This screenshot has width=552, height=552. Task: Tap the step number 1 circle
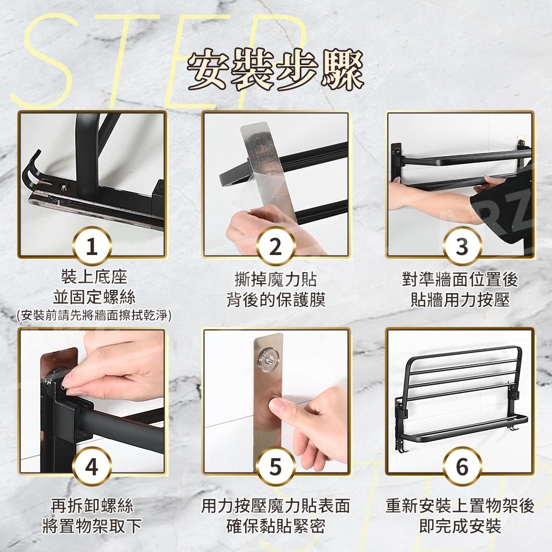pos(92,246)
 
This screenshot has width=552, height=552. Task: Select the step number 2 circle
pos(275,246)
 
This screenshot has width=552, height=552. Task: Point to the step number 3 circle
pos(461,246)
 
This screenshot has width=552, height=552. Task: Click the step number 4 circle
pos(92,466)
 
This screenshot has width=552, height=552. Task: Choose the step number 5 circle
pos(275,466)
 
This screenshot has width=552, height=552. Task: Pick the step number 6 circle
pos(461,466)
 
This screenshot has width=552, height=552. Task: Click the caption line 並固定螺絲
pos(94,298)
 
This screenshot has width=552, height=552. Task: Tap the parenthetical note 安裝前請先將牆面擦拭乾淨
pos(94,315)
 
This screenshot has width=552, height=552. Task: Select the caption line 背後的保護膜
pos(276,300)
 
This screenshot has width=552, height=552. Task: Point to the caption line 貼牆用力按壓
pos(460,300)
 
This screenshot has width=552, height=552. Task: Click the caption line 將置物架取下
pos(92,526)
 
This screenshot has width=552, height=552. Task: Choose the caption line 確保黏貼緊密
pos(276,526)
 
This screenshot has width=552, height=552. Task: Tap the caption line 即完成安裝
pos(460,526)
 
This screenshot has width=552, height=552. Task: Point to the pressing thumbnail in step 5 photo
pos(278,406)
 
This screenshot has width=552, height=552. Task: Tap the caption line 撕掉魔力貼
pos(276,280)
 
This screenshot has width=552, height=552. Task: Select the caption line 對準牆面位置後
pos(460,280)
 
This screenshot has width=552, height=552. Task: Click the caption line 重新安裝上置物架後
pos(460,506)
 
